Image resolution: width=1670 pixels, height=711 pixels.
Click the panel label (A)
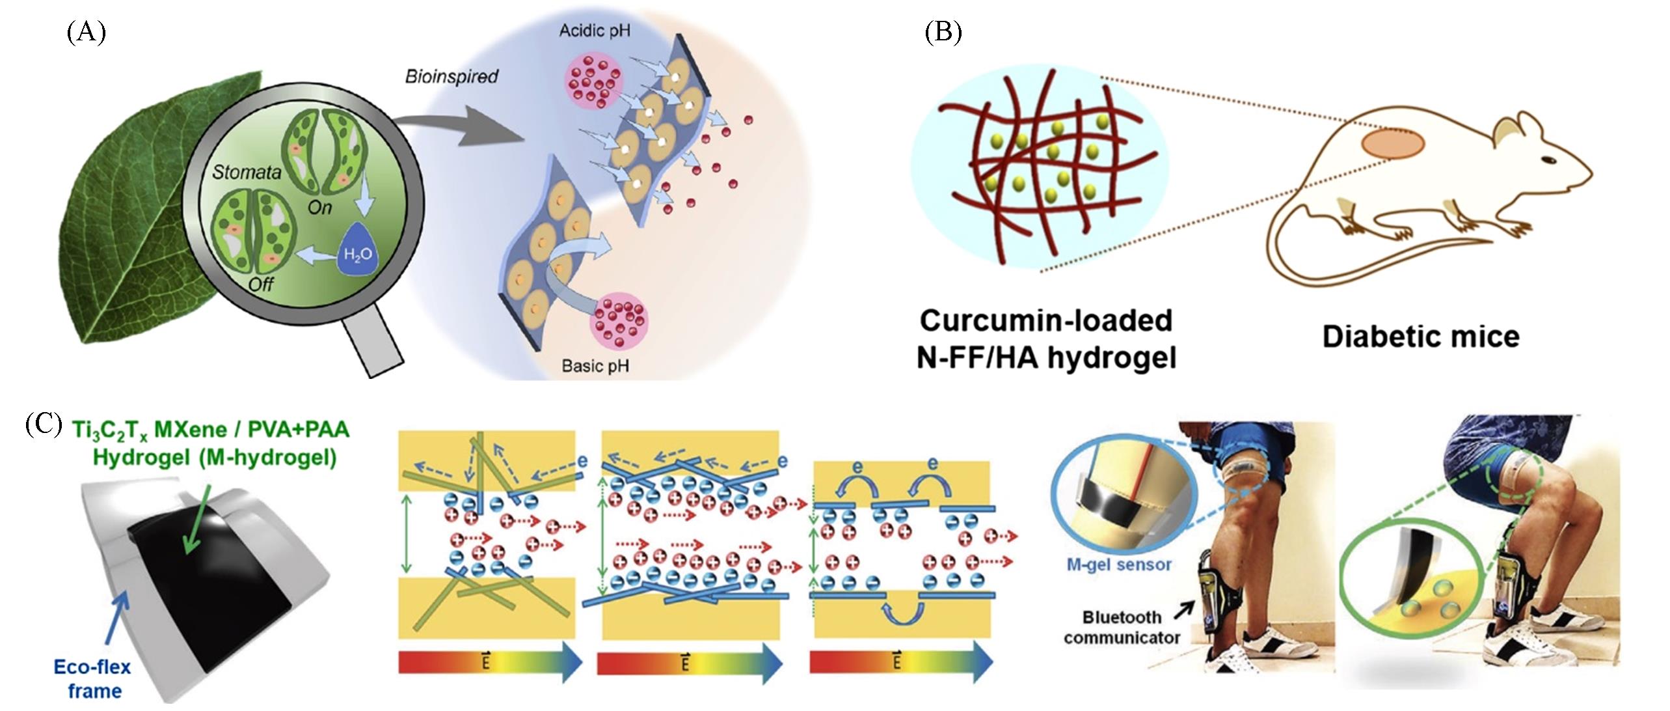tap(86, 32)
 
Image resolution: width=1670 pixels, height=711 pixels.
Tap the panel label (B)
tap(943, 32)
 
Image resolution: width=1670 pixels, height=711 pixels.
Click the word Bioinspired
tap(451, 77)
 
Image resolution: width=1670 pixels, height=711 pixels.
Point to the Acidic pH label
tap(595, 31)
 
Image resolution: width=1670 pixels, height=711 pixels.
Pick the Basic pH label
tap(595, 366)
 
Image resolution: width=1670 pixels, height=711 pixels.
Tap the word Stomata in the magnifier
tap(247, 172)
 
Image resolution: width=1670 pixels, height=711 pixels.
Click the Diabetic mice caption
tap(1421, 337)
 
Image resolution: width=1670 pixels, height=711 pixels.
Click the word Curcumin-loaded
tap(1046, 321)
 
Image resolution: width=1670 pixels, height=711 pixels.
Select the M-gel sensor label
tap(1119, 565)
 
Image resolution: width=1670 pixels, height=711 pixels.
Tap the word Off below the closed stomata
tap(261, 283)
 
